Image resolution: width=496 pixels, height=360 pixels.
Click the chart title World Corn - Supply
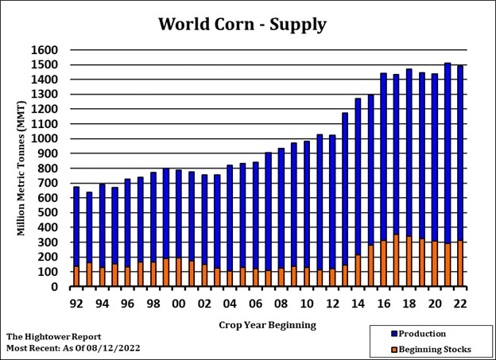coord(242,24)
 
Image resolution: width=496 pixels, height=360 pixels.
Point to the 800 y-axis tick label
coord(49,168)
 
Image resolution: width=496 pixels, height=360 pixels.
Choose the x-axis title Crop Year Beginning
coord(267,324)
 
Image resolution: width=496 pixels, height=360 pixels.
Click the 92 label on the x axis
coord(76,303)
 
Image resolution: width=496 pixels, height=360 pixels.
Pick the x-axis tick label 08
coord(281,303)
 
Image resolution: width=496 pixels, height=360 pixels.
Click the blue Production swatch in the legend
coord(383,335)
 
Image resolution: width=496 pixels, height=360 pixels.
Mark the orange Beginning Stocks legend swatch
coord(383,349)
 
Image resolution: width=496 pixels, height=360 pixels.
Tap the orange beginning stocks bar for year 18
coord(409,261)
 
